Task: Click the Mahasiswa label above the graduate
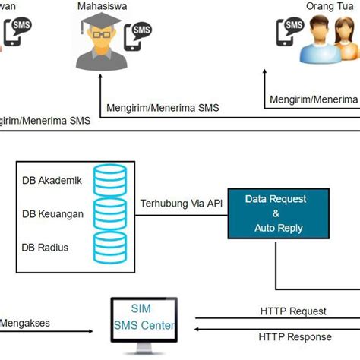pyautogui.click(x=103, y=7)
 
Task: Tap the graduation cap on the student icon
pyautogui.click(x=102, y=30)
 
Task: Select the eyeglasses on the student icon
pyautogui.click(x=102, y=42)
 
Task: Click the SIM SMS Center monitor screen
pyautogui.click(x=144, y=319)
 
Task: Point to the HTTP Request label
pyautogui.click(x=292, y=311)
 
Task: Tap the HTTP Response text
pyautogui.click(x=295, y=337)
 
